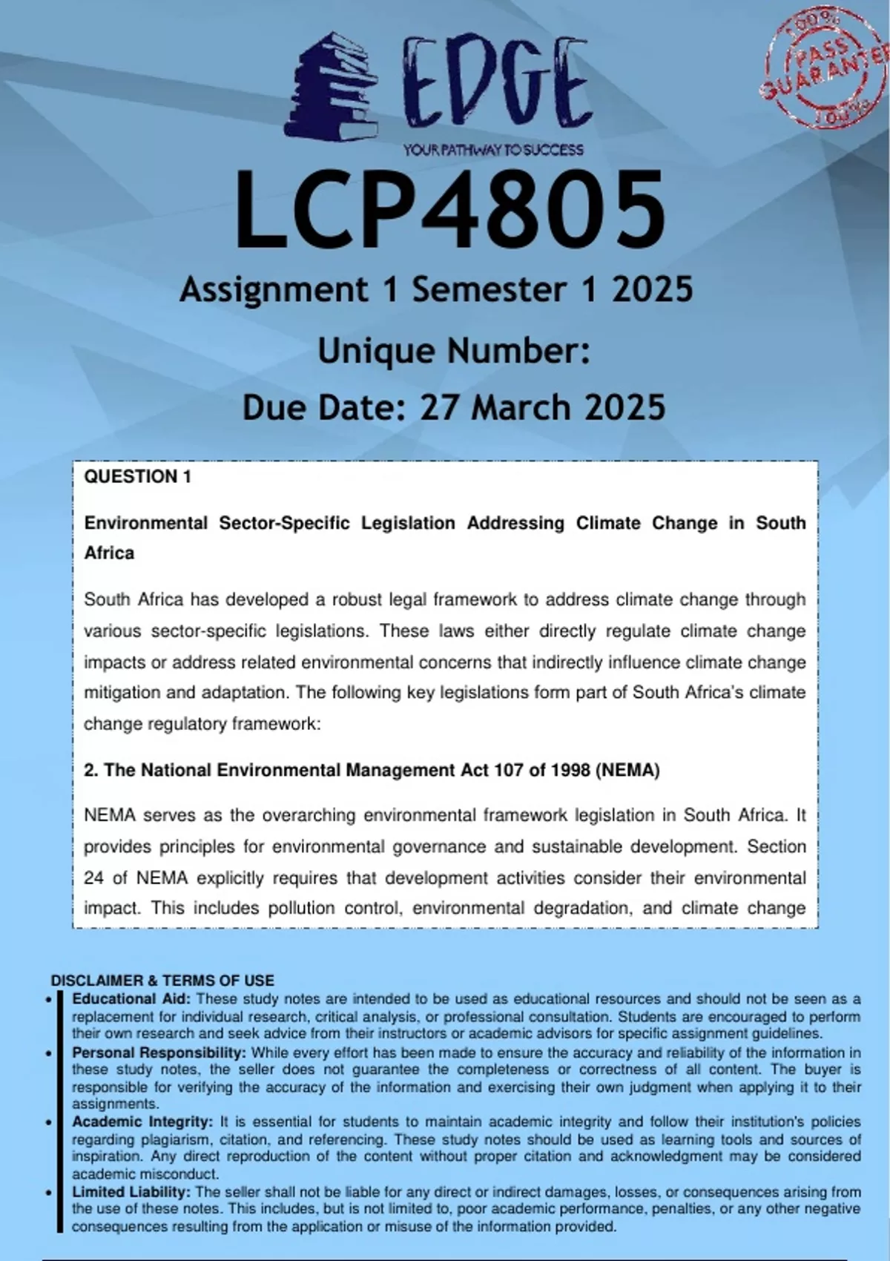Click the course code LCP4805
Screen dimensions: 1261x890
tap(450, 209)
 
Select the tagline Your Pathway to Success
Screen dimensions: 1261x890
tap(493, 150)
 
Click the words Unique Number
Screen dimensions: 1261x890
tap(453, 351)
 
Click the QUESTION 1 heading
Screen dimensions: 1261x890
tap(137, 477)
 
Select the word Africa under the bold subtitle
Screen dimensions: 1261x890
tap(109, 553)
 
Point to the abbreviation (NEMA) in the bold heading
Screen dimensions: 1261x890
tap(627, 770)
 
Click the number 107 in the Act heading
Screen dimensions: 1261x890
tap(509, 770)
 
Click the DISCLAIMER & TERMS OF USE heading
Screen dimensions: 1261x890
tap(162, 980)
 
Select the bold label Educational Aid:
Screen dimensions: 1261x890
tap(131, 998)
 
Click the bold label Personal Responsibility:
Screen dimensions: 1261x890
tap(159, 1053)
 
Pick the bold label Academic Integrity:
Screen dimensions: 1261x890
tap(142, 1122)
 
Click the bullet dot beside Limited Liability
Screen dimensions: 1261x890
tap(48, 1193)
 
